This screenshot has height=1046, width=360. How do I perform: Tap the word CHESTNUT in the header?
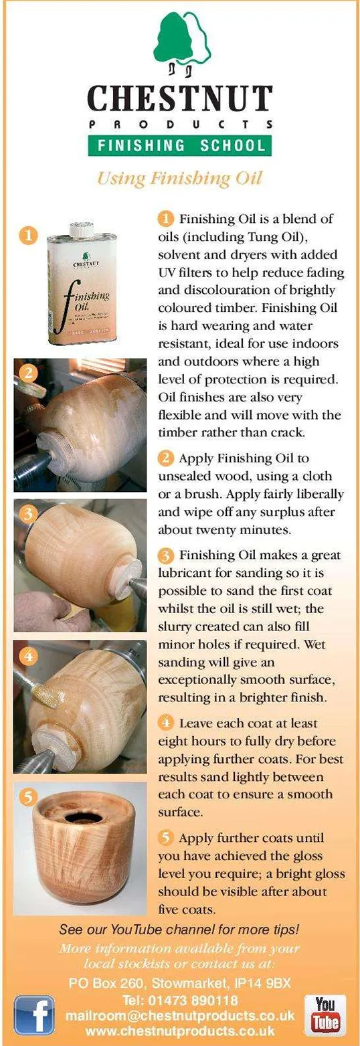pos(180,98)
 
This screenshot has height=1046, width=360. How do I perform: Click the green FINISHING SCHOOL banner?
pos(180,146)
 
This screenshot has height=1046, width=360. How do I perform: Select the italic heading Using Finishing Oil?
pos(179,179)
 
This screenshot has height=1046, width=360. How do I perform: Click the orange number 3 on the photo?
pos(29,514)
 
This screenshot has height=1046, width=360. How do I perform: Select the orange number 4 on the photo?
pos(29,656)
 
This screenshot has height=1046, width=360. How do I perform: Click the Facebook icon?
pos(33,1015)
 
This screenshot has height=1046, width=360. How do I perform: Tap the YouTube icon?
pos(325,1015)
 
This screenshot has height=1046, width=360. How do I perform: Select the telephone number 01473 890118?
pos(193,1000)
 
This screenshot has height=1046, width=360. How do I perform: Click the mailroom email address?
pos(180,1016)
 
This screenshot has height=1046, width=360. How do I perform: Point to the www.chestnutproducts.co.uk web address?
pos(180,1031)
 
